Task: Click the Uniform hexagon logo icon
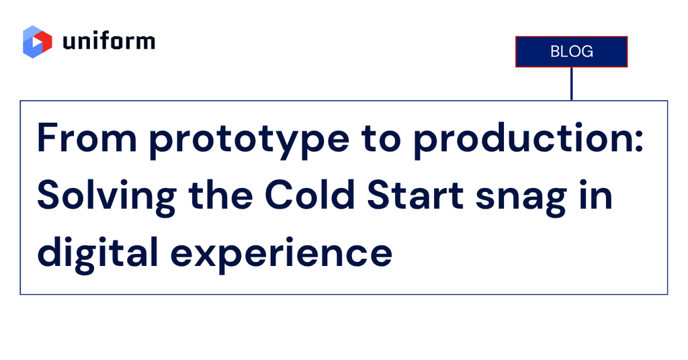point(38,42)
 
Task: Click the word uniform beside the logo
point(109,42)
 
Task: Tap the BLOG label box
point(571,52)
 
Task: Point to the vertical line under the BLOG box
point(571,83)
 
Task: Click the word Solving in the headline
point(106,196)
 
